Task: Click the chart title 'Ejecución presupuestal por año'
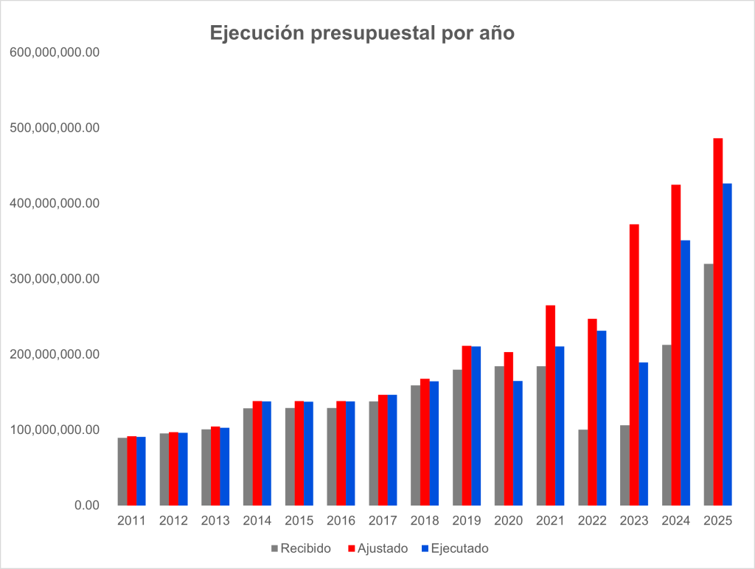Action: [x=362, y=33]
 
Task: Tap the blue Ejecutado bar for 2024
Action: [x=686, y=373]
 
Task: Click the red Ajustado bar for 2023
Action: [x=634, y=365]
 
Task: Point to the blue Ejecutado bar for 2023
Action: [x=644, y=433]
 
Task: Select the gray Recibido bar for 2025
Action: [x=709, y=384]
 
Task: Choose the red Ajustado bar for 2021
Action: [x=550, y=405]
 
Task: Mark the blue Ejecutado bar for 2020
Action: [x=518, y=443]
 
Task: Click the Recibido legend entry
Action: [x=301, y=548]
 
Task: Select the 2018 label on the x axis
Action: [x=425, y=521]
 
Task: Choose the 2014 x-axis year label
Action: [x=257, y=521]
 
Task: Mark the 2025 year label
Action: [x=717, y=521]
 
